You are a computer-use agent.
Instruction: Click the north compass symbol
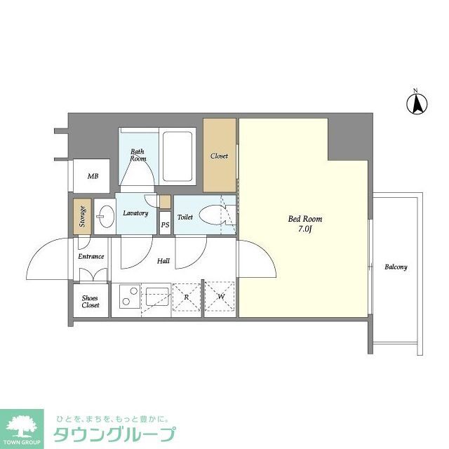415,103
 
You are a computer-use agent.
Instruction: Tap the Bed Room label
306,219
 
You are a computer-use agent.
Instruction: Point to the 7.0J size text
306,229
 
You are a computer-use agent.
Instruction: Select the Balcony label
396,267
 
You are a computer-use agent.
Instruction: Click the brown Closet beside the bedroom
220,156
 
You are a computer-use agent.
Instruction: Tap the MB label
93,176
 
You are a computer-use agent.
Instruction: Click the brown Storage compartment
82,216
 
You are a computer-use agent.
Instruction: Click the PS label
165,225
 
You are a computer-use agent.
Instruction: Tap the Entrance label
91,256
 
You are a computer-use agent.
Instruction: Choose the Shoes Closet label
91,302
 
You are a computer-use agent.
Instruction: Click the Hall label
163,261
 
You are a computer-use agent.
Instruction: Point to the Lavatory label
135,213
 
